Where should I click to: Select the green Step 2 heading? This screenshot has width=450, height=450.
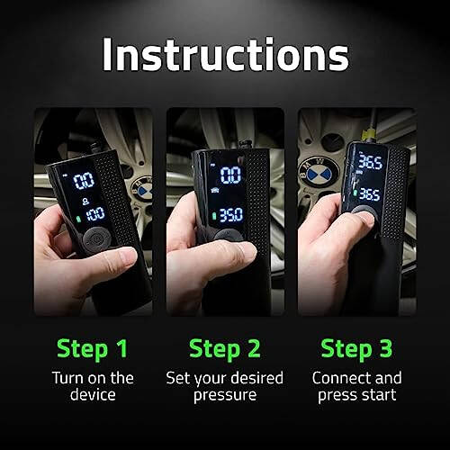point(225,348)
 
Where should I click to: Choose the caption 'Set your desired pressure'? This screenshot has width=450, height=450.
point(225,387)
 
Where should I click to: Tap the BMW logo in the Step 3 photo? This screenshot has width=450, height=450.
point(316,170)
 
